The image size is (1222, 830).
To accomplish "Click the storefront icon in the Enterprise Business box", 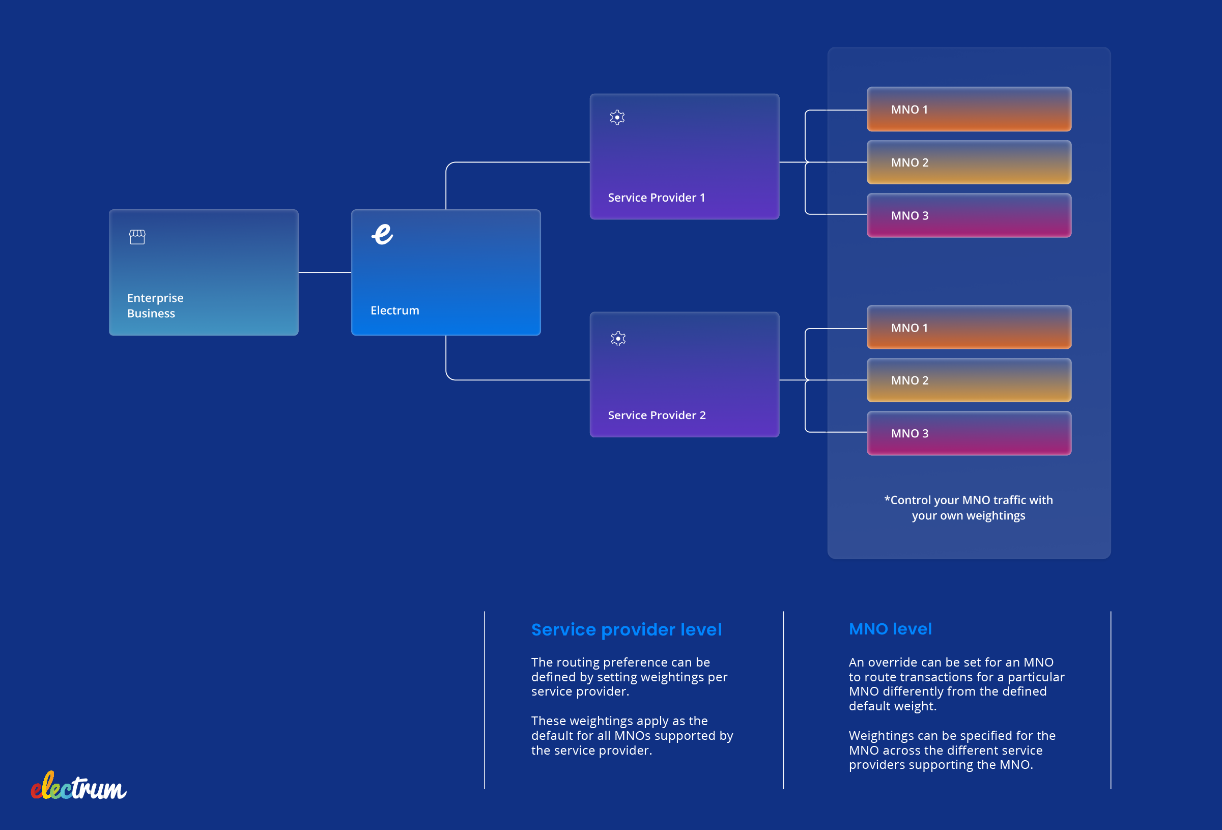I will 137,237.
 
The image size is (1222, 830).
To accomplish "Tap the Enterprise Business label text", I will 155,305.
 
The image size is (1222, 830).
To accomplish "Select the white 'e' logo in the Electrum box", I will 382,234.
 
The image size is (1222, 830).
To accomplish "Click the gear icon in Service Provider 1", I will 617,117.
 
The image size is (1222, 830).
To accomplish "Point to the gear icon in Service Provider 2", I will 618,338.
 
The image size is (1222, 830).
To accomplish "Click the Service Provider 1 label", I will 656,198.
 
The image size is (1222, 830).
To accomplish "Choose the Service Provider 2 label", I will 656,415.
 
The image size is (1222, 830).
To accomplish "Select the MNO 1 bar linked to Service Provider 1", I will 969,109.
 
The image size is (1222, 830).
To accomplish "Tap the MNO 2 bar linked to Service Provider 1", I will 969,162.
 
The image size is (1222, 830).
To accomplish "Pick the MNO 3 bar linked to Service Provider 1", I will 969,216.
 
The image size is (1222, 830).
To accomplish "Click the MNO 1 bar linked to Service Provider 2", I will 969,328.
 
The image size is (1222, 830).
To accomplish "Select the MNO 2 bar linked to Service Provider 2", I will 969,380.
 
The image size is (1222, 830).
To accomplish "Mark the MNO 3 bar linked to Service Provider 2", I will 969,433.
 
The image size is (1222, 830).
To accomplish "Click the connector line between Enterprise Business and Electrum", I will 324,272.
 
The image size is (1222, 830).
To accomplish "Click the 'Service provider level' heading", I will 626,629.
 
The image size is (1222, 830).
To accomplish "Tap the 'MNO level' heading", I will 890,629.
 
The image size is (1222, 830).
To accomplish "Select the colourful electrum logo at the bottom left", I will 78,787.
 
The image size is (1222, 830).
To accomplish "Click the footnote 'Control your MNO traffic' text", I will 968,508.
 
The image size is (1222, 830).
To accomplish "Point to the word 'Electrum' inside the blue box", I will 394,310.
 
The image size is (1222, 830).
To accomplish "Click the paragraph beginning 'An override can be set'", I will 955,684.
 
